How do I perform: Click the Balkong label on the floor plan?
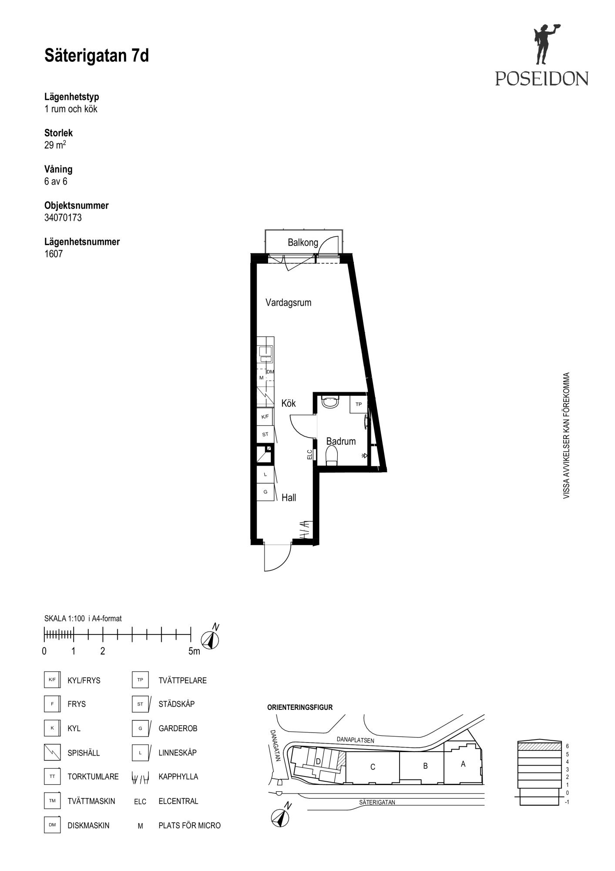coord(303,243)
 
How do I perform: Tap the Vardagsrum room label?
coord(289,303)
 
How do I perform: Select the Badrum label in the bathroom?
coord(341,441)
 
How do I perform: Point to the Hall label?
coord(289,497)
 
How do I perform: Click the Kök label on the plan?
coord(289,403)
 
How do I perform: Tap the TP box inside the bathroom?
coord(359,404)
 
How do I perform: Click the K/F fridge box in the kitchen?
coord(265,417)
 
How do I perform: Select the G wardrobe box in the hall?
coord(265,492)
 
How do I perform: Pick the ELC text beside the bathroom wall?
coord(309,455)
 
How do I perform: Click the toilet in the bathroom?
coord(332,456)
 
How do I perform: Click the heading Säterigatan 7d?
coord(97,56)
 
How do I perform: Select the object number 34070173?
coord(63,218)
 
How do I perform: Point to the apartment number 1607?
coord(54,254)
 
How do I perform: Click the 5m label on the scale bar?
coord(194,651)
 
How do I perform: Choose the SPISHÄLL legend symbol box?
coord(52,752)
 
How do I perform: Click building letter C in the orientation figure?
coord(373,767)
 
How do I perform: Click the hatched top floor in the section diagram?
coord(538,746)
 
